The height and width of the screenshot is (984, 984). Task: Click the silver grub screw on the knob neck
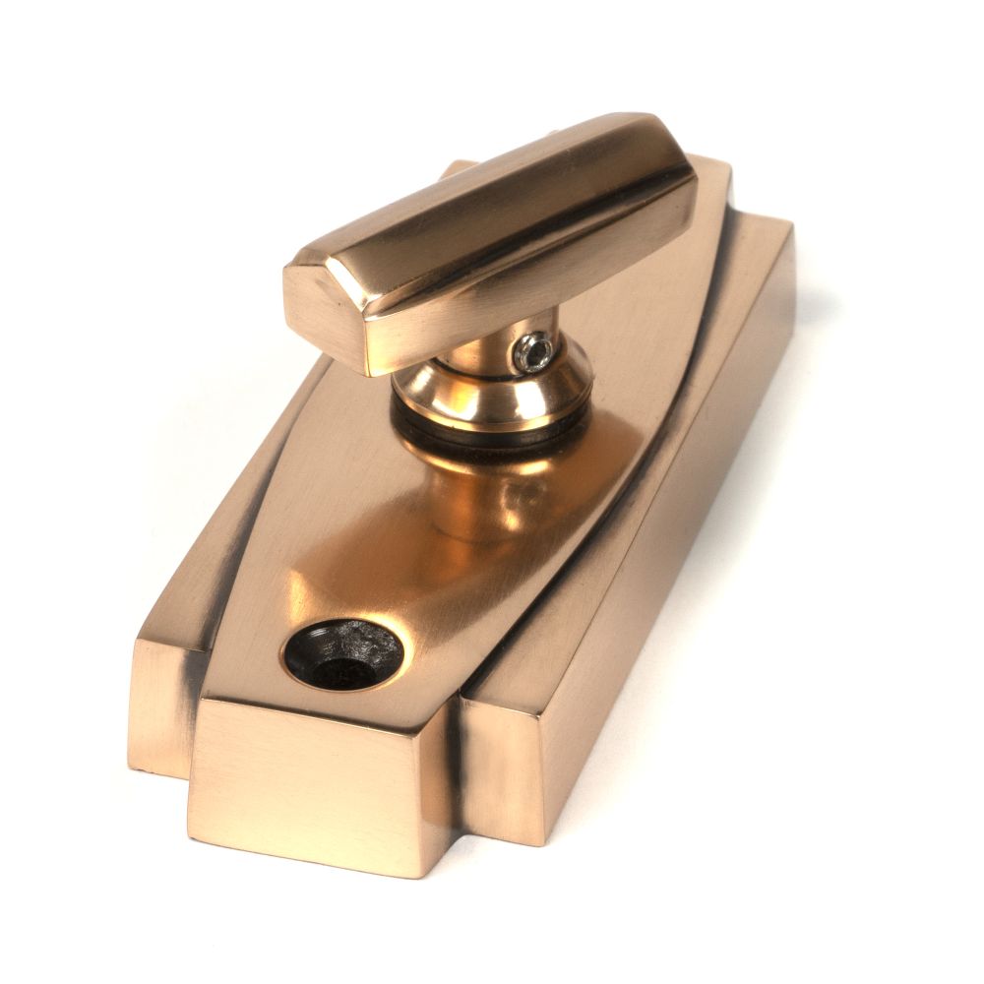click(x=533, y=351)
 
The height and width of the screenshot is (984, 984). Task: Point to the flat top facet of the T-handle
click(x=492, y=197)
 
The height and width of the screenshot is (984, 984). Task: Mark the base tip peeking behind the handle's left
click(x=458, y=168)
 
